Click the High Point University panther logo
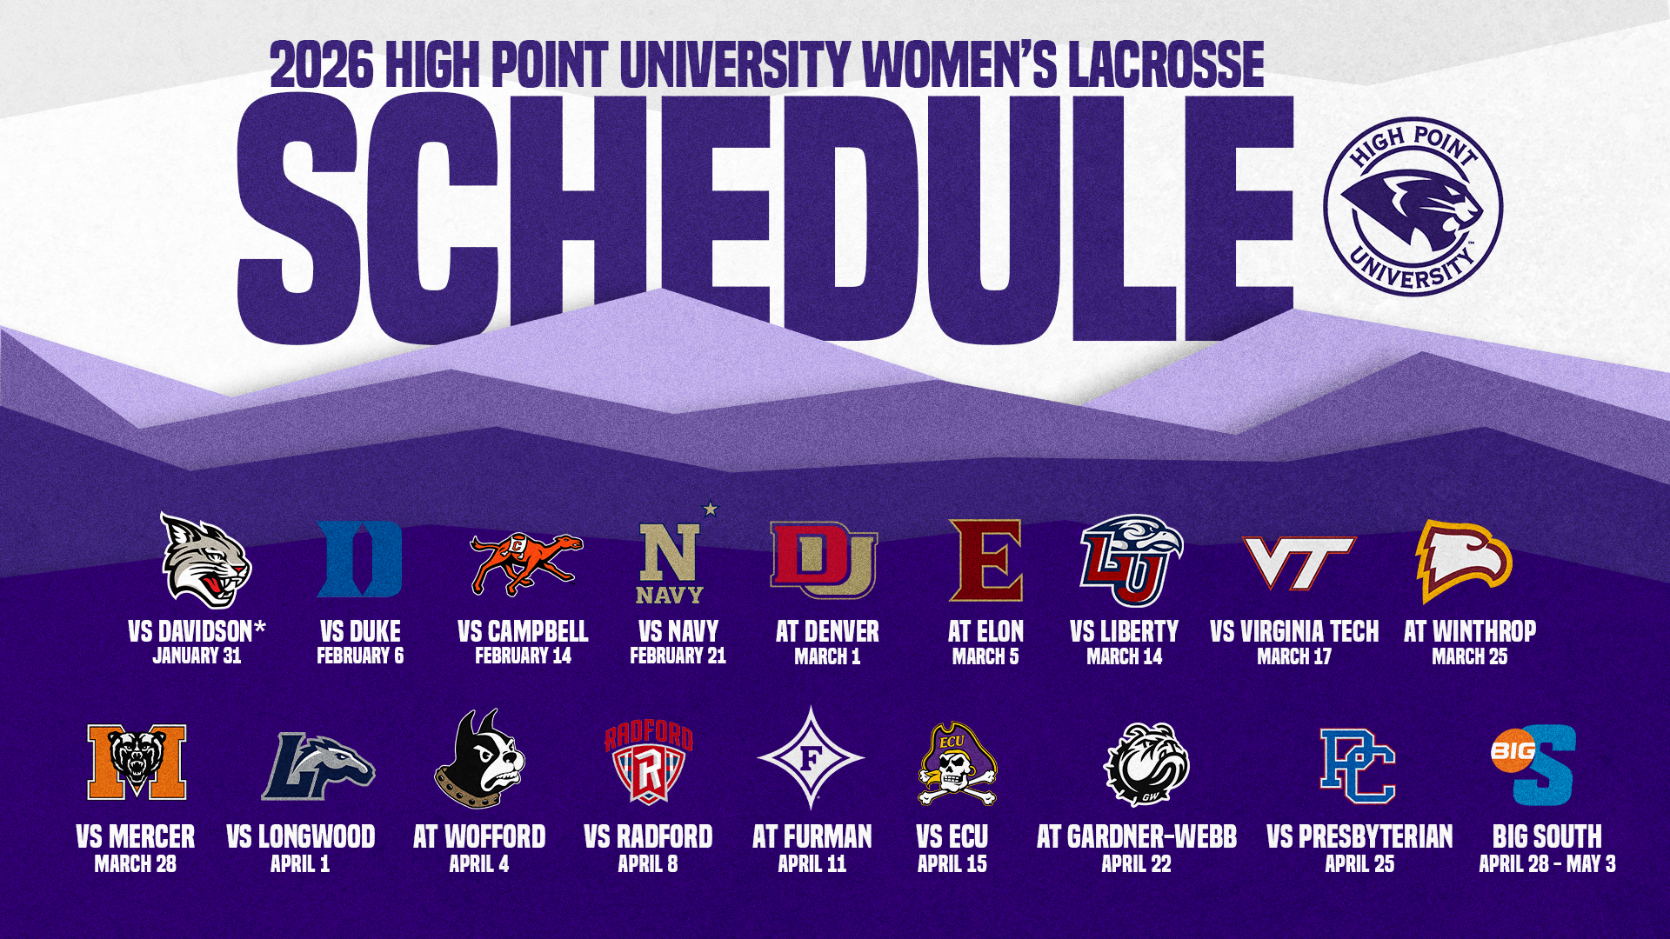click(x=1413, y=207)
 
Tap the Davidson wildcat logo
click(x=206, y=560)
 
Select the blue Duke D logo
click(x=359, y=559)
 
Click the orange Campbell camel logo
click(x=525, y=564)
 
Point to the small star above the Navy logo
click(x=711, y=509)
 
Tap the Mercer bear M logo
click(x=137, y=762)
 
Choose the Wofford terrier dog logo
click(x=479, y=759)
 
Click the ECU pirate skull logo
click(x=957, y=764)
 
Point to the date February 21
click(x=678, y=656)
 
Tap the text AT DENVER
click(x=827, y=631)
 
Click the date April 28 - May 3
click(x=1547, y=863)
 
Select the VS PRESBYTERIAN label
click(x=1359, y=836)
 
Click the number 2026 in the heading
click(x=322, y=65)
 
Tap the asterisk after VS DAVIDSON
click(x=260, y=627)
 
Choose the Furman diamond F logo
click(x=811, y=758)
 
